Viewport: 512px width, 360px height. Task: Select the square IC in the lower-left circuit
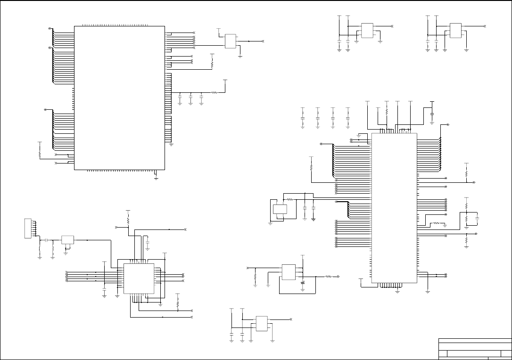pos(140,278)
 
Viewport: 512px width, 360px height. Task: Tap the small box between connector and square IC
pos(67,240)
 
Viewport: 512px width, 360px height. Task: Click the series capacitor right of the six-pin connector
pos(46,240)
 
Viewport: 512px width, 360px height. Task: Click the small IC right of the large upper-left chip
pos(231,41)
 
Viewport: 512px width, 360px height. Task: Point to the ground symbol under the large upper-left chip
pos(156,178)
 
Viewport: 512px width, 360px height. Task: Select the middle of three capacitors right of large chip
pos(190,98)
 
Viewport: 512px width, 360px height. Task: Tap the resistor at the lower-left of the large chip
pos(40,154)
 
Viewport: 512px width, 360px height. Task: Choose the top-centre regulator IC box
pos(367,30)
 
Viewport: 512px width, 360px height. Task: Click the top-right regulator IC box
pos(455,30)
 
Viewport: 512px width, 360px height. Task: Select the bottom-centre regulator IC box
pos(261,323)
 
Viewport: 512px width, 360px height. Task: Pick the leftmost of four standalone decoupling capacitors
pos(303,118)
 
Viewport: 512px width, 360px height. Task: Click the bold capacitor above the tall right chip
pos(432,112)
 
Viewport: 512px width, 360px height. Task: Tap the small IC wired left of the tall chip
pos(280,210)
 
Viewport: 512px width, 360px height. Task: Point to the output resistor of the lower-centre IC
pos(329,277)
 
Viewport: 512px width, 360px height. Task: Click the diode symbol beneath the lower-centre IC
pos(302,282)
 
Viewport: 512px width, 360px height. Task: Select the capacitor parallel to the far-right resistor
pos(478,219)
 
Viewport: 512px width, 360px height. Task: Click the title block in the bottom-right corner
pos(475,349)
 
